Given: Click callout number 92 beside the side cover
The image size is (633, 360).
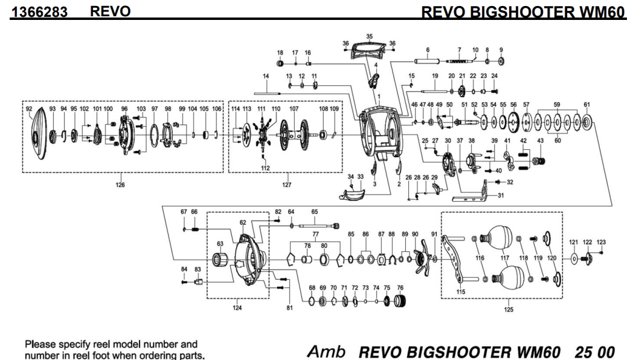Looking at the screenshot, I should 28,109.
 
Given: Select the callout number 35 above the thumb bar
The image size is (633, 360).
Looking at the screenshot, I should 370,37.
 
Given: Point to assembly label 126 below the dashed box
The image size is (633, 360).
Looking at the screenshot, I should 121,185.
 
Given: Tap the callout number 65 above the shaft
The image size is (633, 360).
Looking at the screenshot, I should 314,212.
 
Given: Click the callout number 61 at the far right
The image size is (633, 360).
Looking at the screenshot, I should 586,104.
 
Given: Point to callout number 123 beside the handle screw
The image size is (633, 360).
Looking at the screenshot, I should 601,242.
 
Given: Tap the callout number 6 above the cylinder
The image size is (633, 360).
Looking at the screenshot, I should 427,50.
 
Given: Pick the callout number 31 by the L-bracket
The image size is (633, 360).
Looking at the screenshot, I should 500,195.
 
